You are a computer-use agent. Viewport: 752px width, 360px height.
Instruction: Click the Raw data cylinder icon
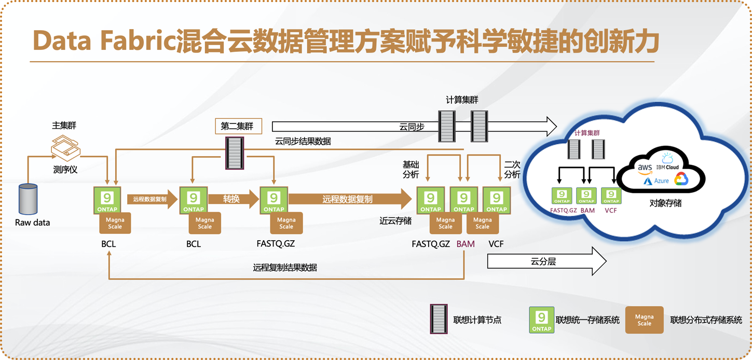point(28,199)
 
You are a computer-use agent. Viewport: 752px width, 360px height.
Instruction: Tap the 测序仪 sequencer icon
point(65,148)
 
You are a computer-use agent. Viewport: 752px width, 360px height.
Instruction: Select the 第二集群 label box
point(238,126)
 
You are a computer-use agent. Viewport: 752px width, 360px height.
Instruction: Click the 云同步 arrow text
point(412,127)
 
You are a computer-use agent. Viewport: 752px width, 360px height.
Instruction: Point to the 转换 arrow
point(232,199)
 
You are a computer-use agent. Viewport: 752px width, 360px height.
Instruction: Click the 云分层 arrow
point(545,261)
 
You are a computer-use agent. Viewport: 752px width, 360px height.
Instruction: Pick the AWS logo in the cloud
point(645,168)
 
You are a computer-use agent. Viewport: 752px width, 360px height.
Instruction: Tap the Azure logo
point(657,181)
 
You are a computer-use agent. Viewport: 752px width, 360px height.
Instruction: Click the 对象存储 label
point(665,203)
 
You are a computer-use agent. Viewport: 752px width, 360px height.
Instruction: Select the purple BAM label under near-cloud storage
point(466,244)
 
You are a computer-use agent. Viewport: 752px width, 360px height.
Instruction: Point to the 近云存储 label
point(395,220)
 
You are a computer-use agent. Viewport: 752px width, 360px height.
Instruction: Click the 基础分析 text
point(411,169)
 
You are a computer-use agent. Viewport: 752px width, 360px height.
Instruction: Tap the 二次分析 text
point(512,169)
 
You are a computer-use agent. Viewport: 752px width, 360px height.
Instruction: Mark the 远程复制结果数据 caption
point(285,268)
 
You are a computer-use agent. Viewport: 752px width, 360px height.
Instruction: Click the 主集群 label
point(64,126)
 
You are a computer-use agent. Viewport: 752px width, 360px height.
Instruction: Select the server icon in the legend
point(439,319)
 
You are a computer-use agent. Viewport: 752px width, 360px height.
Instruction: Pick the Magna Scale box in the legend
point(644,320)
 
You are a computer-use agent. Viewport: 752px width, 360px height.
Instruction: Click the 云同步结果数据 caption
point(303,141)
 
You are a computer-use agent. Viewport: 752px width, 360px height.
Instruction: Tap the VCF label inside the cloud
point(611,211)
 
